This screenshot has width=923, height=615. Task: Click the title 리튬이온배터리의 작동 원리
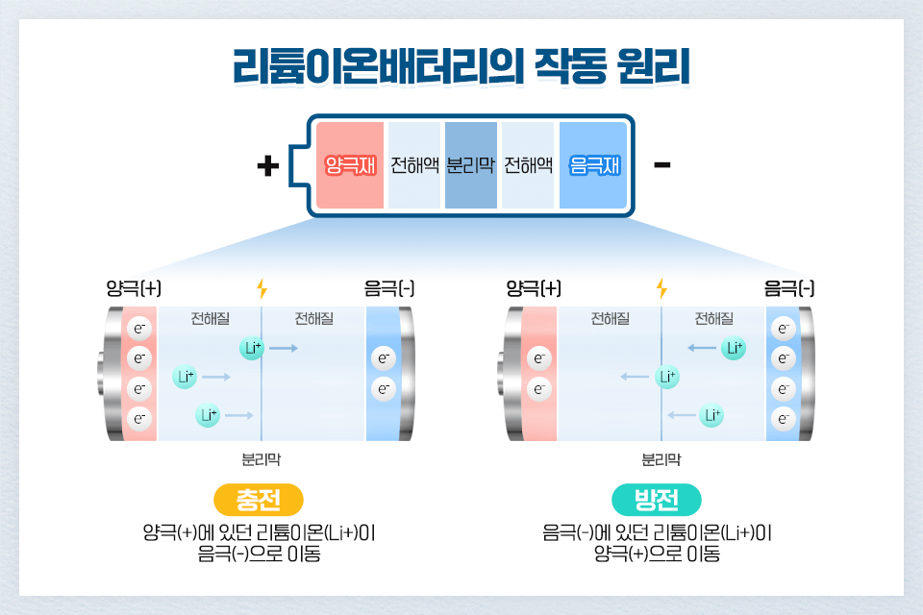pos(461,68)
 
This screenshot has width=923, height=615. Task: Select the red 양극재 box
pos(350,165)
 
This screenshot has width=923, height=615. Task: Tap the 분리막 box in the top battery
pos(471,165)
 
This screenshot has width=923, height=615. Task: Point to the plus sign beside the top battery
pos(268,166)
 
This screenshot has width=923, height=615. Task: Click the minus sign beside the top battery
pos(661,165)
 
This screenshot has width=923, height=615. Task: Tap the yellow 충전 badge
pos(258,500)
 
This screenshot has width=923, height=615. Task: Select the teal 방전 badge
pos(657,500)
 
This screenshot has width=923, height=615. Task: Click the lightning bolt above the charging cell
pos(262,288)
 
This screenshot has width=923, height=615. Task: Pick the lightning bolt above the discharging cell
pos(661,288)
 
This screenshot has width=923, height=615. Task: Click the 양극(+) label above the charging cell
pos(134,288)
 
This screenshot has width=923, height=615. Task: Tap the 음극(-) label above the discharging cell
pos(789,288)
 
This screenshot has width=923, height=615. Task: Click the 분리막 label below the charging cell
pos(262,459)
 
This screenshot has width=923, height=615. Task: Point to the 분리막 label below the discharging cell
pos(661,459)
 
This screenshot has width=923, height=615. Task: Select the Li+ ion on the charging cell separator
pos(252,348)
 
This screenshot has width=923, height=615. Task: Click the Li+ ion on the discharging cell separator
pos(666,376)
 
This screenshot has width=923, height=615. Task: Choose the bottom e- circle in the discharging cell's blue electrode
pos(784,419)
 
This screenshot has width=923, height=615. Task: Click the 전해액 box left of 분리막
pos(414,165)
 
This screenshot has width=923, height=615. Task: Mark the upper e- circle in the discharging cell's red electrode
pos(539,359)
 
